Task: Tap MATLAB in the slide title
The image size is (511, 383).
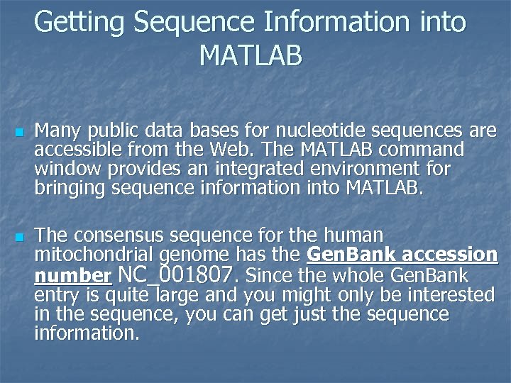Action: coord(251,55)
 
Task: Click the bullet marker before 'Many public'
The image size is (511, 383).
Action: coord(19,133)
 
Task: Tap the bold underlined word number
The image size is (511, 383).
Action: coord(72,275)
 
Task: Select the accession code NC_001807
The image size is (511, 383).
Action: coord(177,274)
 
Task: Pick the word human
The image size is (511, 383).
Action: coord(353,235)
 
